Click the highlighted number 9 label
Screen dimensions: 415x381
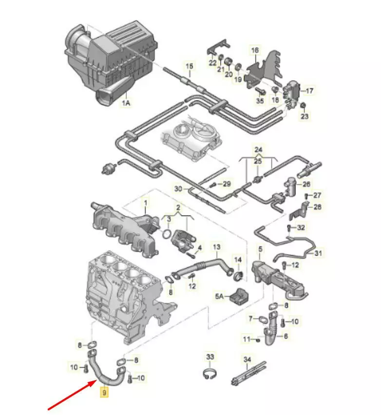[x=104, y=392]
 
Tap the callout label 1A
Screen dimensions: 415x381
[x=126, y=103]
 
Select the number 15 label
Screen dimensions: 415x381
[x=189, y=66]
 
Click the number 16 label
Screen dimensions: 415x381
[x=255, y=50]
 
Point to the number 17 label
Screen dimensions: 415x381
[x=310, y=91]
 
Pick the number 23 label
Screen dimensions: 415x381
[x=305, y=116]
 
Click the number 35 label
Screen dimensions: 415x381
[x=259, y=101]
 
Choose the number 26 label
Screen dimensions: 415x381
[x=306, y=184]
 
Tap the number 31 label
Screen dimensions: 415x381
[x=318, y=253]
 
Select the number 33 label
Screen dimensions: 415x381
[x=210, y=357]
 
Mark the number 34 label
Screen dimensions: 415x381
[x=247, y=359]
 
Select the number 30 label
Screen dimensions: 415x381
[x=178, y=189]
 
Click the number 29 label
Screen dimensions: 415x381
[x=226, y=184]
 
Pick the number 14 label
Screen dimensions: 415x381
[x=238, y=259]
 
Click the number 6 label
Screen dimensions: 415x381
[x=286, y=336]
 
